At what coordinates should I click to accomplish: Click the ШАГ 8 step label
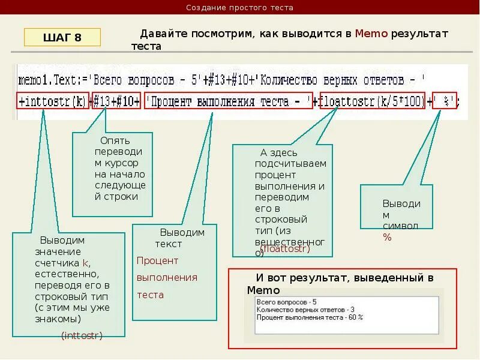[x=62, y=38]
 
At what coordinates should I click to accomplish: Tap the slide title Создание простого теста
[x=239, y=8]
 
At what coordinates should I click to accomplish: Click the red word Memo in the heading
[x=371, y=34]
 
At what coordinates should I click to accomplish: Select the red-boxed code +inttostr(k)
[x=53, y=101]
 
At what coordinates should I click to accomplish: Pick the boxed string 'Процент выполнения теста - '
[x=229, y=101]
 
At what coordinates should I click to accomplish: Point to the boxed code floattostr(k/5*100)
[x=372, y=101]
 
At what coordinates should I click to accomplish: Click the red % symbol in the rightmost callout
[x=387, y=237]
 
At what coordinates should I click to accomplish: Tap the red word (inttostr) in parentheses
[x=82, y=335]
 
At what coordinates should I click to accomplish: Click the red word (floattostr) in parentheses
[x=286, y=248]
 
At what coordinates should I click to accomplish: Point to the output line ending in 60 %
[x=310, y=317]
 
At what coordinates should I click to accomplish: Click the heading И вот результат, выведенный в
[x=344, y=278]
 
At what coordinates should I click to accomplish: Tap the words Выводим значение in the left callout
[x=58, y=246]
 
